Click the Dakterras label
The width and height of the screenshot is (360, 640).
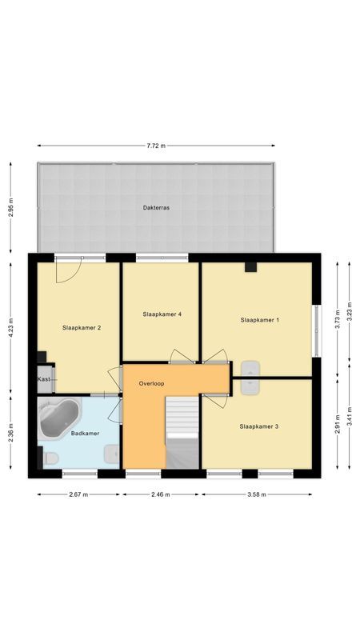pos(156,207)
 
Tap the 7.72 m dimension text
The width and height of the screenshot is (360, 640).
pos(156,146)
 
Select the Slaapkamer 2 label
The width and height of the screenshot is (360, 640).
pos(82,327)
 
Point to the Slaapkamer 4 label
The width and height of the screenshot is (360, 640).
pos(162,314)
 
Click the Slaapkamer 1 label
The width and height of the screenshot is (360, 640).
pos(259,320)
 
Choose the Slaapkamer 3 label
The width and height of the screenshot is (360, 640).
pos(258,426)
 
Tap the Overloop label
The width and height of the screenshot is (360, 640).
pos(151,384)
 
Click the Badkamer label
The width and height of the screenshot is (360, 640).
pos(85,434)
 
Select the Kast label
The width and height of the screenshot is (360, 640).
pos(44,379)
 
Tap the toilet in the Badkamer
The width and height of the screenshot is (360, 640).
pos(49,458)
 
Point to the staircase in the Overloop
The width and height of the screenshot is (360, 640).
pos(182,433)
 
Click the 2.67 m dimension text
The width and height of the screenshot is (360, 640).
pos(79,494)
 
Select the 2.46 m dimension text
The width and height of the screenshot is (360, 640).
pos(161,494)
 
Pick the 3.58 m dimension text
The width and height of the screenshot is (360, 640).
pos(256,494)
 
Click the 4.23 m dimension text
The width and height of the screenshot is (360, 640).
pos(11,327)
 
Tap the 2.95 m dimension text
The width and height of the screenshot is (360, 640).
pos(11,207)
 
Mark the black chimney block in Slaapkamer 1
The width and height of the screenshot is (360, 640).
pos(250,267)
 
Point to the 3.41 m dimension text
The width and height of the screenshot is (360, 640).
pos(350,416)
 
